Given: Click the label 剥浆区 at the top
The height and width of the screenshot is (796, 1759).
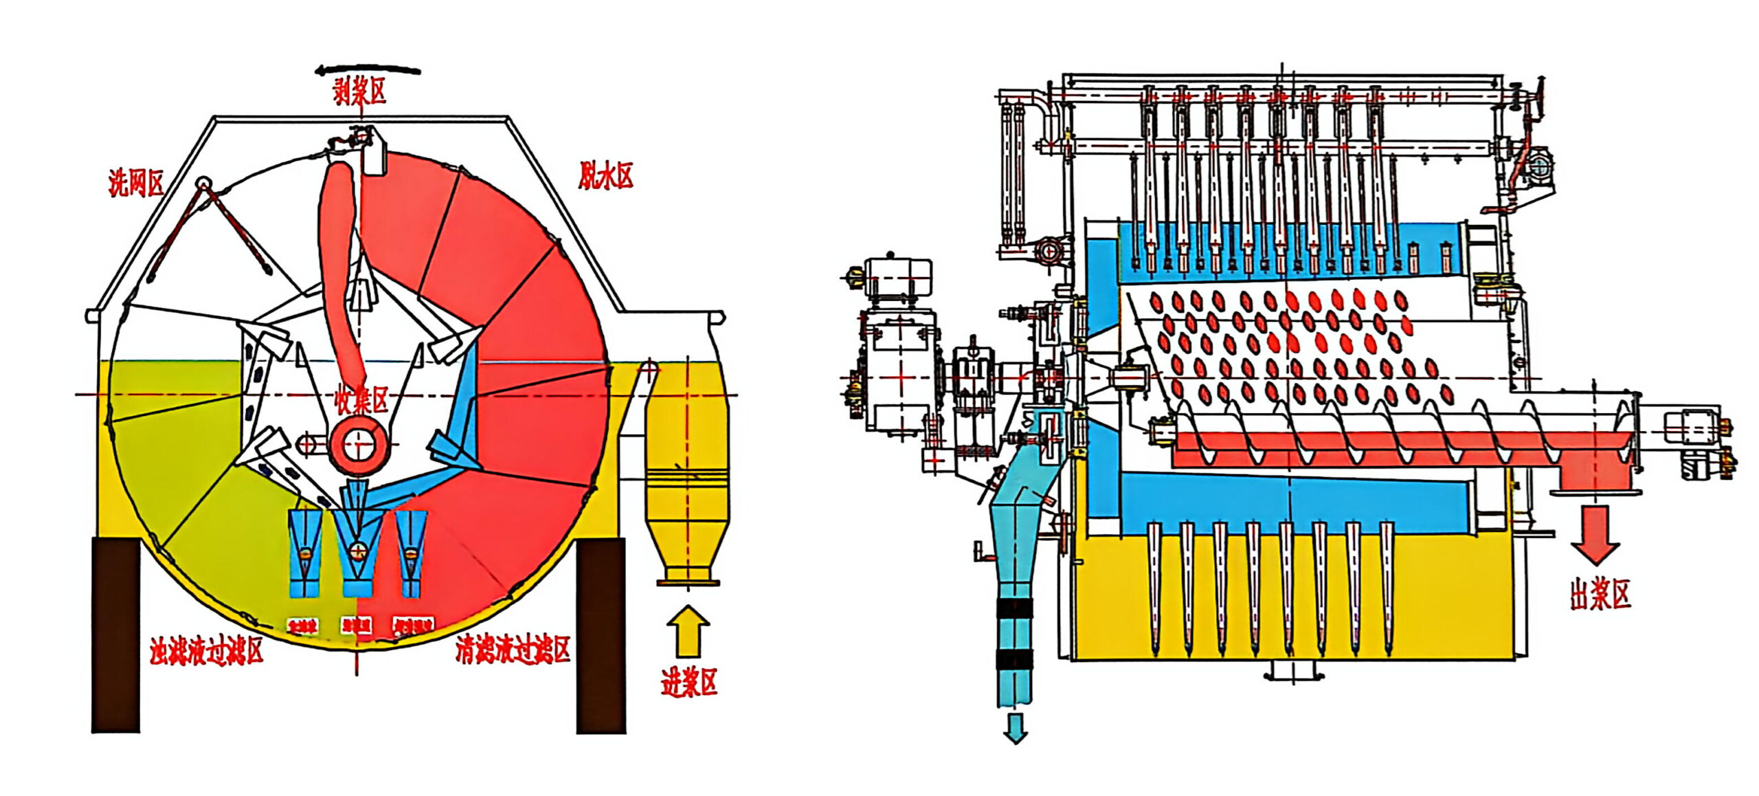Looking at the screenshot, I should [x=359, y=91].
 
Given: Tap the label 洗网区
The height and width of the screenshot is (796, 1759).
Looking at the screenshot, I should [x=136, y=183].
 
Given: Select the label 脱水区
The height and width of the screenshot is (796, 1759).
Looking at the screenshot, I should [x=605, y=176].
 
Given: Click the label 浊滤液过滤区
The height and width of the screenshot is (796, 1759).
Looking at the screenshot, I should [x=207, y=650].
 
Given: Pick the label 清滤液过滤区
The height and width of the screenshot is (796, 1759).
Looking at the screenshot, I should [x=513, y=650].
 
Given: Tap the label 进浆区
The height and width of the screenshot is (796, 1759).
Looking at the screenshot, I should [x=688, y=683].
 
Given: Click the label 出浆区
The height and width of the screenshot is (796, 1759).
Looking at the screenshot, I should [x=1600, y=594].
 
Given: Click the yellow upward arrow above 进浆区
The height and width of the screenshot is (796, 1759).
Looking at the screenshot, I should [x=688, y=631].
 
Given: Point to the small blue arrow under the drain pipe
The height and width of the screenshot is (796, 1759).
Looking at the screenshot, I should [x=1015, y=728].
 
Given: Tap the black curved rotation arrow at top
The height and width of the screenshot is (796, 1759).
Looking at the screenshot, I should [x=368, y=70].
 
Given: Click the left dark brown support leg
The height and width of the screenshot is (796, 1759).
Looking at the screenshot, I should [x=116, y=634].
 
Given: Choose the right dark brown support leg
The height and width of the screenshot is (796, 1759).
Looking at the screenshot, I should [x=601, y=634].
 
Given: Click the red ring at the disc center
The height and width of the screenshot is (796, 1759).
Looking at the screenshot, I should [x=358, y=446].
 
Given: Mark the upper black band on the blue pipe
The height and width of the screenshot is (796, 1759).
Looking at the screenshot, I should [x=1014, y=608].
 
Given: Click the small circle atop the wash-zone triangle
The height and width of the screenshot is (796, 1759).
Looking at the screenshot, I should [x=203, y=184].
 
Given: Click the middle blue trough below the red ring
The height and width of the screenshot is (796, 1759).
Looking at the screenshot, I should [x=357, y=550].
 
